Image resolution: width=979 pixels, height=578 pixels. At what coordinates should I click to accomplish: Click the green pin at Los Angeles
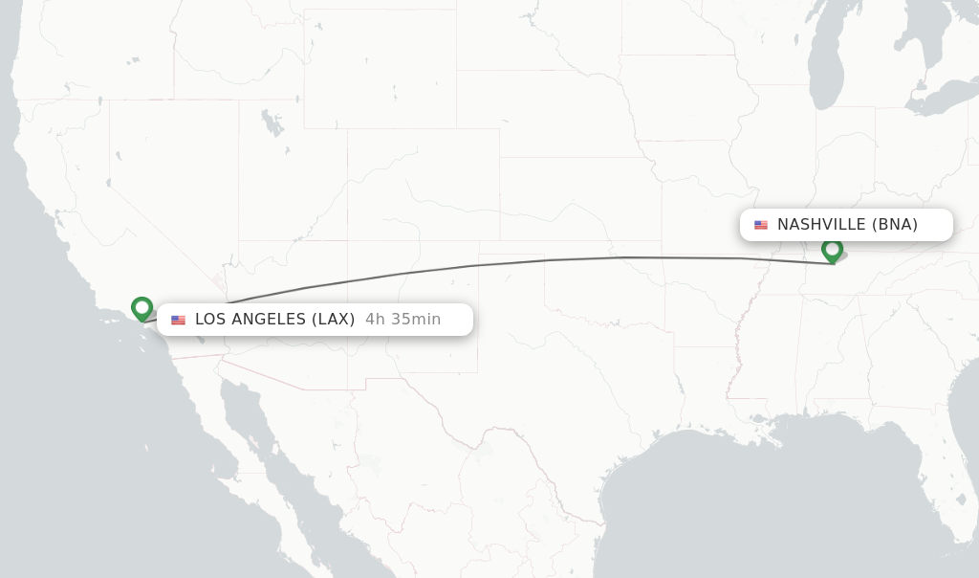pyautogui.click(x=142, y=308)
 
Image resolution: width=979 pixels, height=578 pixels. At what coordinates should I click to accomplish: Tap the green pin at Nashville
pyautogui.click(x=832, y=250)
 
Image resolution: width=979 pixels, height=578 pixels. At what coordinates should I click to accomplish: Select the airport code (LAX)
pyautogui.click(x=333, y=320)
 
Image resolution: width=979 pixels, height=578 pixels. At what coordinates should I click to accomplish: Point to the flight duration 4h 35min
pyautogui.click(x=402, y=320)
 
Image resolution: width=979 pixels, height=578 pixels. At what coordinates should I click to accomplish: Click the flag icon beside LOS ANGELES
pyautogui.click(x=179, y=321)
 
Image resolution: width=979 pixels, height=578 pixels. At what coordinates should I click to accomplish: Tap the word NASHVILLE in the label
pyautogui.click(x=821, y=225)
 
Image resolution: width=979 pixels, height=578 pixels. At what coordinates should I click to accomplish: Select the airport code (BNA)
pyautogui.click(x=895, y=225)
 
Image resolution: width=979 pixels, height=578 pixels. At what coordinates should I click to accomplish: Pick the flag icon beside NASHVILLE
pyautogui.click(x=761, y=225)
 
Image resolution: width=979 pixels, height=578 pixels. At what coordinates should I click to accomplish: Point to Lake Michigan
pyautogui.click(x=825, y=67)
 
